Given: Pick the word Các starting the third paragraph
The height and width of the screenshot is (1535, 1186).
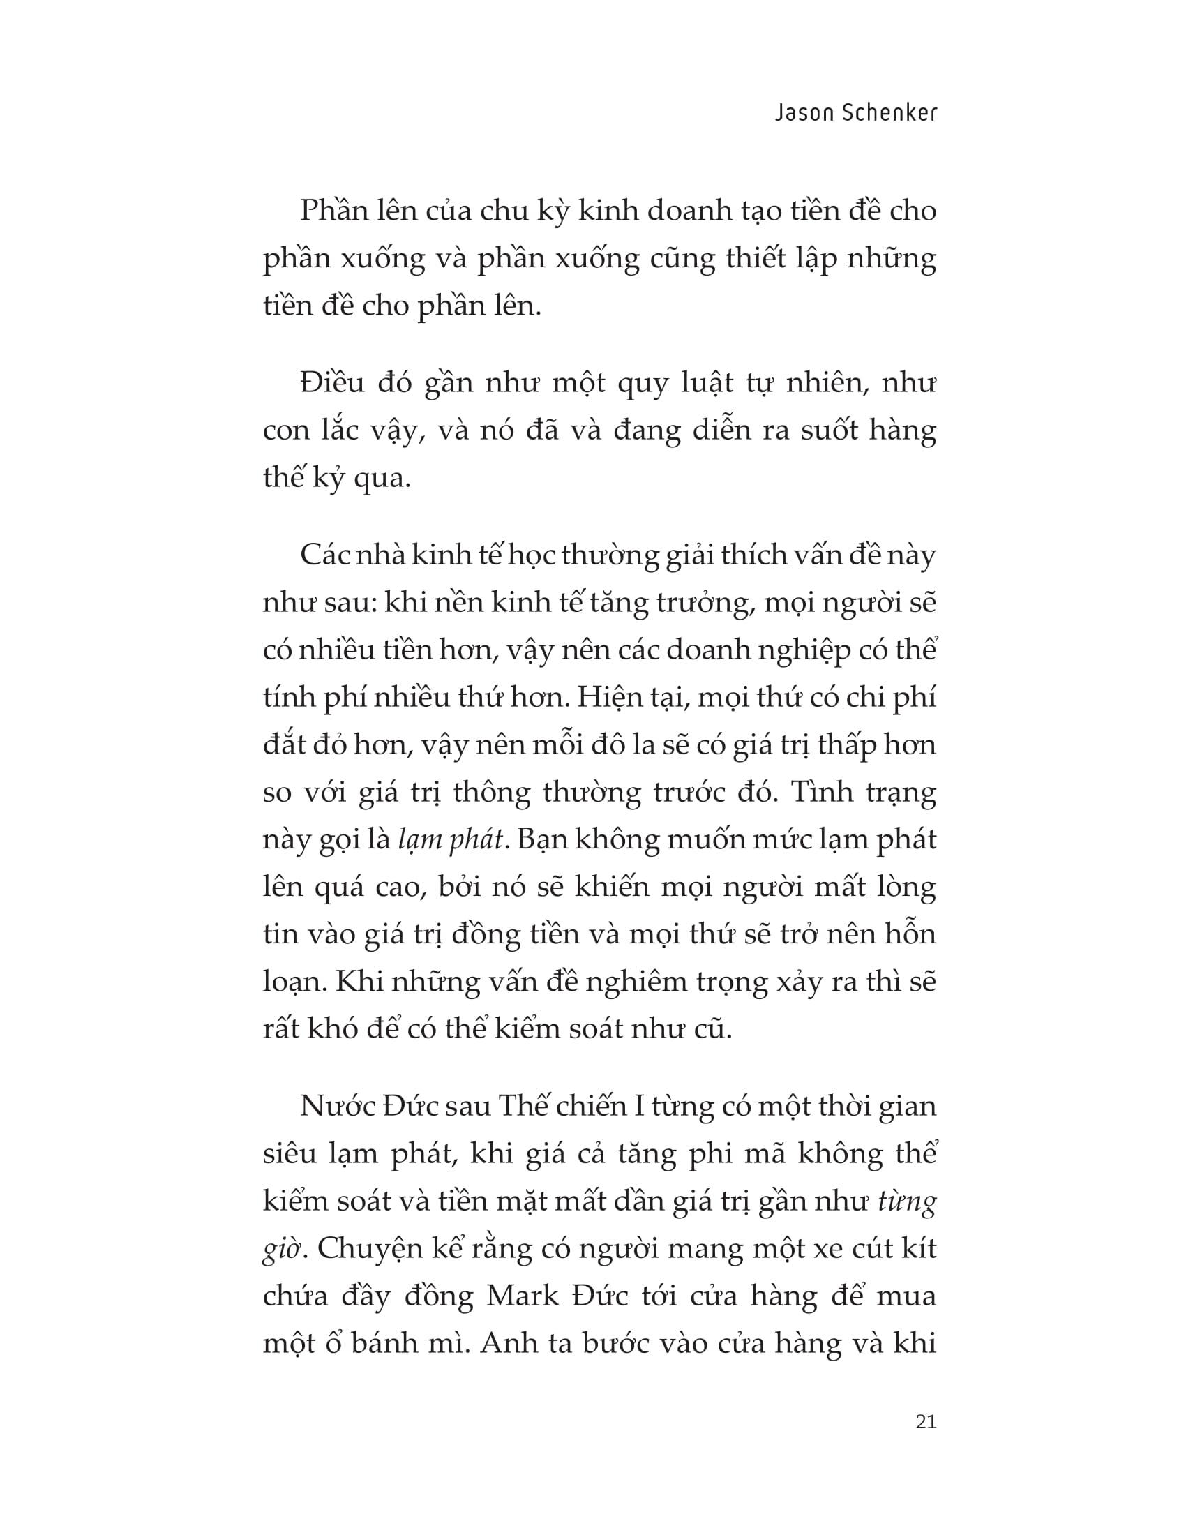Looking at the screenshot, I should pyautogui.click(x=322, y=556).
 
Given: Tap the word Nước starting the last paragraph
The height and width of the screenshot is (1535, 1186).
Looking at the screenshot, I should pyautogui.click(x=334, y=1107).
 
